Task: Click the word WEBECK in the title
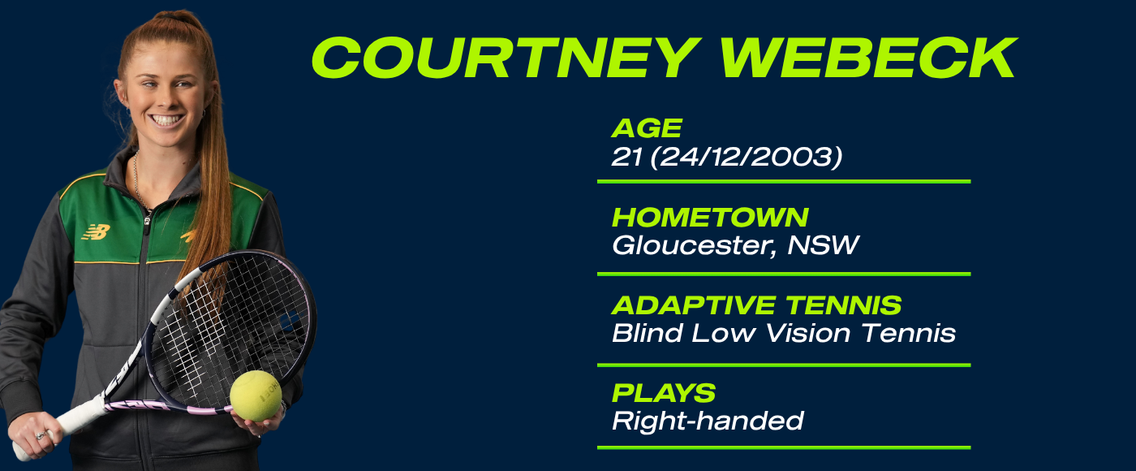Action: point(869,58)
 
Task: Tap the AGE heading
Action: point(647,128)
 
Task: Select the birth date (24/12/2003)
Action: point(746,156)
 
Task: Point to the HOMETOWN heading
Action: point(710,218)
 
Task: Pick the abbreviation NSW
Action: point(823,245)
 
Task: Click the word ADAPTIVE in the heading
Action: point(693,305)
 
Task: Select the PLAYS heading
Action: point(664,393)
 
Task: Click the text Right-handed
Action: point(708,421)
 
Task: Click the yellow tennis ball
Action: point(256,396)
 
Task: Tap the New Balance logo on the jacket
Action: point(96,232)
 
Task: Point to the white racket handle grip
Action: point(58,426)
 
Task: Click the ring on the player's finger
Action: point(41,435)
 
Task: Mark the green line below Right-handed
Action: point(784,447)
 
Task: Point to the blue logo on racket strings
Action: point(289,321)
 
